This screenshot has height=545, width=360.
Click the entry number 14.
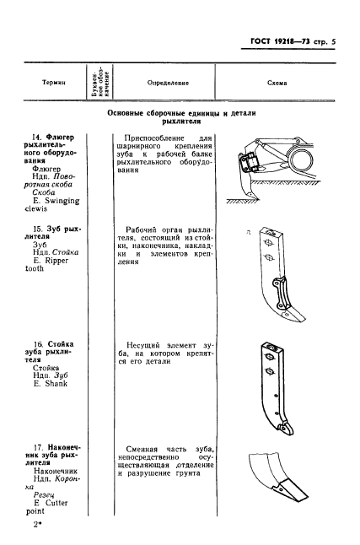pos(37,136)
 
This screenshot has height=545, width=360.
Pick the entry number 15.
pos(37,228)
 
